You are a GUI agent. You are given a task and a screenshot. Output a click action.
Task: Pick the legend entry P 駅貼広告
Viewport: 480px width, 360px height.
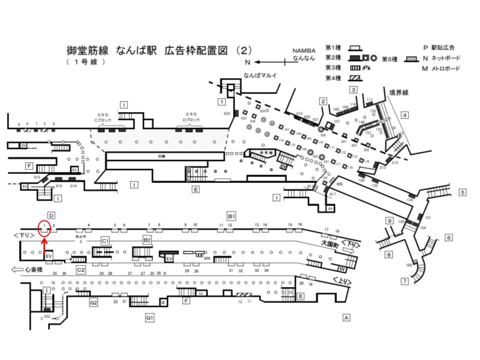pyautogui.click(x=438, y=48)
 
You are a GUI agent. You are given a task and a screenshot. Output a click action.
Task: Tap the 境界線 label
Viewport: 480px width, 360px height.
pyautogui.click(x=399, y=92)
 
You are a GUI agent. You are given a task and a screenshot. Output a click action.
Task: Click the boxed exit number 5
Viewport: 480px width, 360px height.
pyautogui.click(x=463, y=192)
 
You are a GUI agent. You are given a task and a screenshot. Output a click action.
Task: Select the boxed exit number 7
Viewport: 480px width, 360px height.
pyautogui.click(x=404, y=281)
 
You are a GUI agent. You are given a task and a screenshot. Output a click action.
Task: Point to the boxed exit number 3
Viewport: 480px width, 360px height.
pyautogui.click(x=353, y=90)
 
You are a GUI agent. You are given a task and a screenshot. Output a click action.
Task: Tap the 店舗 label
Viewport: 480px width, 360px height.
pyautogui.click(x=161, y=156)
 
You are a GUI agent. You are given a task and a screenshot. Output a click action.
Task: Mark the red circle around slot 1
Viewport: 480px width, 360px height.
pyautogui.click(x=44, y=229)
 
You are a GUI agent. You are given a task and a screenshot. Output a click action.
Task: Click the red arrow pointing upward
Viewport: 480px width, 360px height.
pyautogui.click(x=44, y=246)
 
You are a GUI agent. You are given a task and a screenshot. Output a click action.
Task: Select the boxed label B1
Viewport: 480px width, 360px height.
pyautogui.click(x=231, y=216)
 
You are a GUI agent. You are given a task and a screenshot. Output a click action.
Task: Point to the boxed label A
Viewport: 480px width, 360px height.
pyautogui.click(x=345, y=317)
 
